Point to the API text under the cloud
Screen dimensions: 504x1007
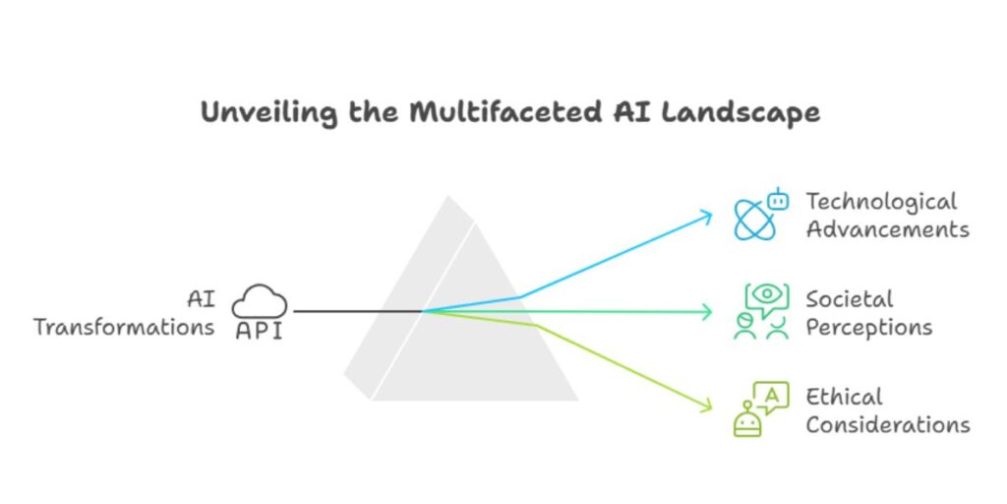259,332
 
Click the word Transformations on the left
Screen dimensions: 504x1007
124,327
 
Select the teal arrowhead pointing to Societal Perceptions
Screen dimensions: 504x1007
707,312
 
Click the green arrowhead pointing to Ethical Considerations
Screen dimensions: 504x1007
707,405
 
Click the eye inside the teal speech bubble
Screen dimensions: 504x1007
768,294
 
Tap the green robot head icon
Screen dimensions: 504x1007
748,421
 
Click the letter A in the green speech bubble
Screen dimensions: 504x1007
773,395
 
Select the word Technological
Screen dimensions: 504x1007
881,202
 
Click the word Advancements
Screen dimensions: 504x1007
887,229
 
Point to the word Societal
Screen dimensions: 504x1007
850,298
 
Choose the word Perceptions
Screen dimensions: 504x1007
869,326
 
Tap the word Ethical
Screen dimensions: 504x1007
845,397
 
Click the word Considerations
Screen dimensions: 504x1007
888,424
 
